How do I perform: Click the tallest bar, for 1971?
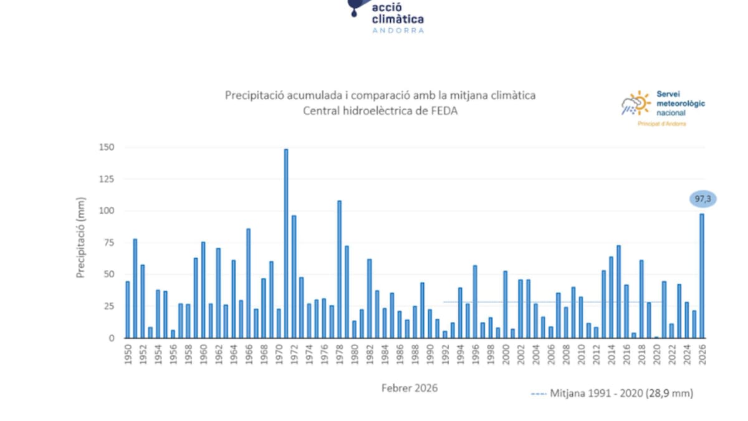click(x=286, y=243)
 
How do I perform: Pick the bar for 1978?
click(x=339, y=269)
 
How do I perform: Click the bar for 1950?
click(x=128, y=309)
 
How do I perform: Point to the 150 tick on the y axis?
click(x=107, y=147)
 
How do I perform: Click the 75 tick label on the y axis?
click(x=109, y=243)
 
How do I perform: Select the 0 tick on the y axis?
click(x=112, y=338)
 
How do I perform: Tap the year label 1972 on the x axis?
click(x=294, y=354)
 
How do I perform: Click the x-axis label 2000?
click(x=506, y=354)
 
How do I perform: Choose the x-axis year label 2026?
click(x=702, y=354)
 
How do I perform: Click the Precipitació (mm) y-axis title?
click(x=80, y=238)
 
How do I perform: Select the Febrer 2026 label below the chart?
click(x=410, y=388)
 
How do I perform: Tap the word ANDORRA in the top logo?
click(x=398, y=30)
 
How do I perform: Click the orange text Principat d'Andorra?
click(x=662, y=123)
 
